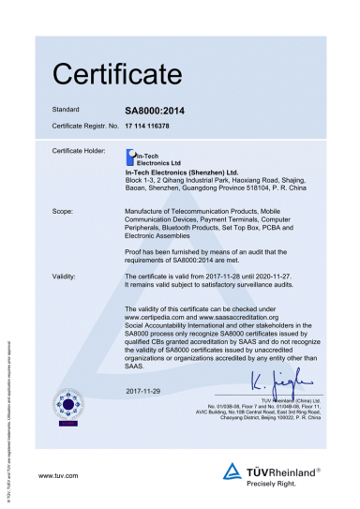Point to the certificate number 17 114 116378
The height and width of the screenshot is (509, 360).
click(153, 124)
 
